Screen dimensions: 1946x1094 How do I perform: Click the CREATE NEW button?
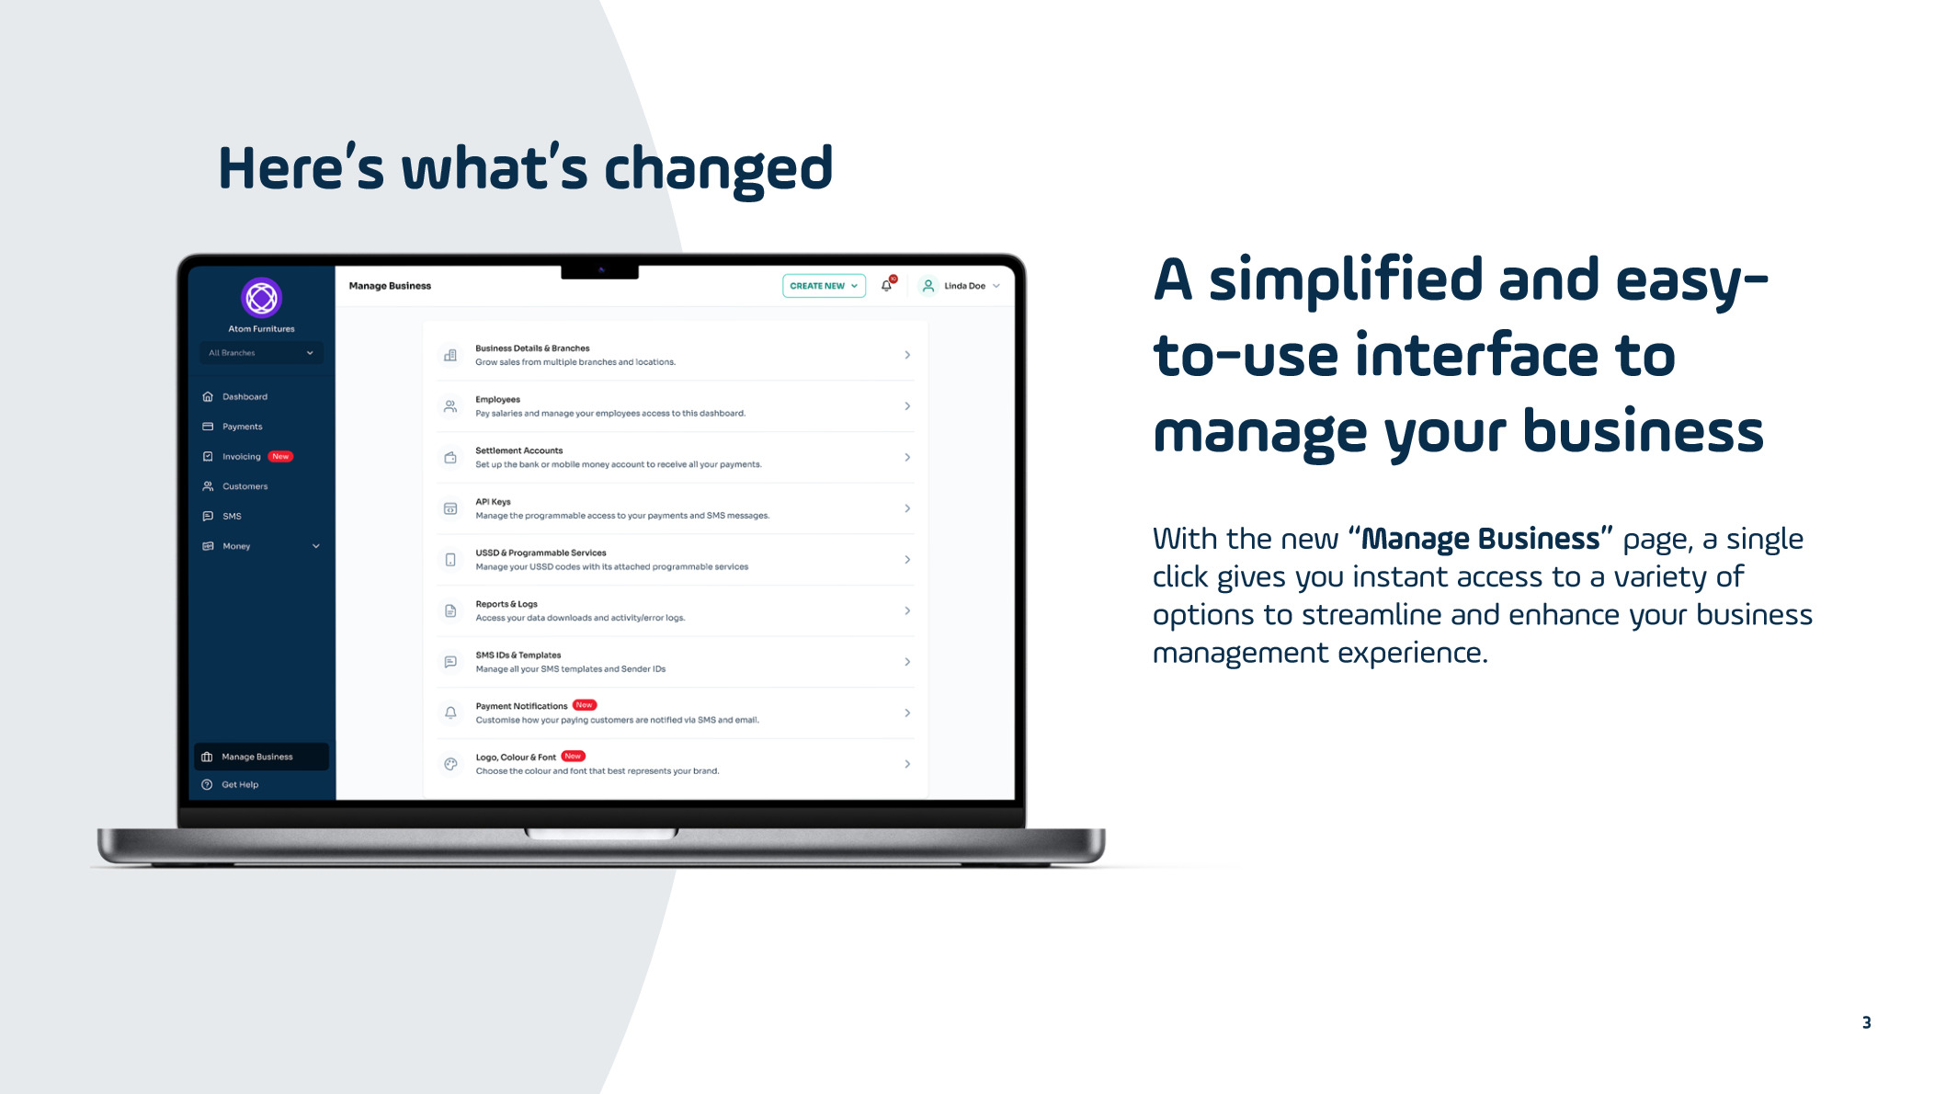coord(824,286)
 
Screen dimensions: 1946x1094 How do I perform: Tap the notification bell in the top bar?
coord(887,286)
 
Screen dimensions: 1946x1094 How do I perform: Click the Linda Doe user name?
coord(964,286)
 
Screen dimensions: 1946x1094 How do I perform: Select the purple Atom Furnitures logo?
coord(261,298)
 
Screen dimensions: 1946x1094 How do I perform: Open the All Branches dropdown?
coord(261,353)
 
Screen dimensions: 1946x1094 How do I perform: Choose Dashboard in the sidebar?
coord(245,397)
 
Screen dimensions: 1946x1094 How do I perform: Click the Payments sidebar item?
coord(242,427)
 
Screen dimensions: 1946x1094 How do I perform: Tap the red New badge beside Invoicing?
coord(280,457)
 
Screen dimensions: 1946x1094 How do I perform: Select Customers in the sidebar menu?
coord(245,486)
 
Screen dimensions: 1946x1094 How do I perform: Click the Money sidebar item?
coord(236,546)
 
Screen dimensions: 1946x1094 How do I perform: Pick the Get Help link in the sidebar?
coord(240,785)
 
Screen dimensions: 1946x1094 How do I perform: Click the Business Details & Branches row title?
coord(532,348)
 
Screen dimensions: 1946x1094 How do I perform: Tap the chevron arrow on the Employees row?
coord(907,406)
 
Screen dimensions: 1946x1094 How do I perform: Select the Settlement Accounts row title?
coord(518,450)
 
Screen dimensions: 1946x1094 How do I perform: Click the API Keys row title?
coord(493,502)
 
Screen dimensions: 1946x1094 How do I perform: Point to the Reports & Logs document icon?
coord(450,610)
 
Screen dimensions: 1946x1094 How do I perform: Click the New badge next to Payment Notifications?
coord(585,705)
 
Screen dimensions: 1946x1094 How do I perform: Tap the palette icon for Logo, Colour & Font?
coord(450,764)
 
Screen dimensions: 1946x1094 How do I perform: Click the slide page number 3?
coord(1866,1022)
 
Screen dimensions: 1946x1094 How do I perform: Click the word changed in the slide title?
coord(718,170)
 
